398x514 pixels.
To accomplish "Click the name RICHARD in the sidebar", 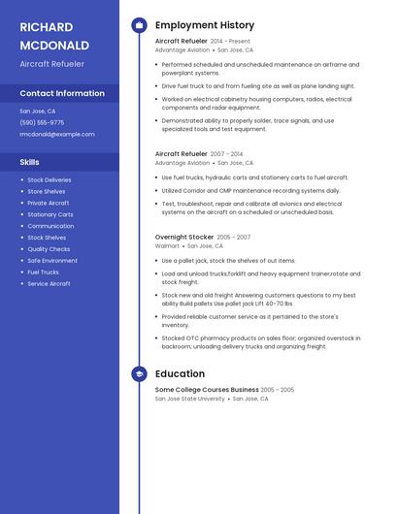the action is [45, 26].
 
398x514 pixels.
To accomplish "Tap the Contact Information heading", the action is [62, 93].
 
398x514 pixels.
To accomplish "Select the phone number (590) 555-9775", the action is [42, 122].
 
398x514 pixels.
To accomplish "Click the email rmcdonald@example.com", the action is [57, 134].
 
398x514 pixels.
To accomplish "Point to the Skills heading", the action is [30, 162].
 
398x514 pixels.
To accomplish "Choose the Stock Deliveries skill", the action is [49, 179].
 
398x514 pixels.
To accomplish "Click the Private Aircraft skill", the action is [48, 203].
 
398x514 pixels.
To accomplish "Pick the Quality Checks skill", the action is [49, 249].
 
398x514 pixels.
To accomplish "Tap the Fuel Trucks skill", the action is [43, 273].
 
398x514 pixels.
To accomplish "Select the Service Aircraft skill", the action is [49, 284].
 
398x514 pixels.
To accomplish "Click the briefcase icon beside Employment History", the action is [139, 25].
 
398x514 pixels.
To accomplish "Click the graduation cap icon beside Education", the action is [139, 373].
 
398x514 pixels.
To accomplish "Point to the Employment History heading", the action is [205, 25].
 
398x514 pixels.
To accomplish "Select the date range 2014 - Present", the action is [230, 42].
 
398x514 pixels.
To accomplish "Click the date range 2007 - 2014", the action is [226, 153].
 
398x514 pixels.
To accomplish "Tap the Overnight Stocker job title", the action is [184, 237].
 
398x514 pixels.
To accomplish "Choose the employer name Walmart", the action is [167, 246].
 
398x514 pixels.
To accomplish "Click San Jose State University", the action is [190, 399].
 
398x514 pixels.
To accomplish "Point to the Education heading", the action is [180, 373].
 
